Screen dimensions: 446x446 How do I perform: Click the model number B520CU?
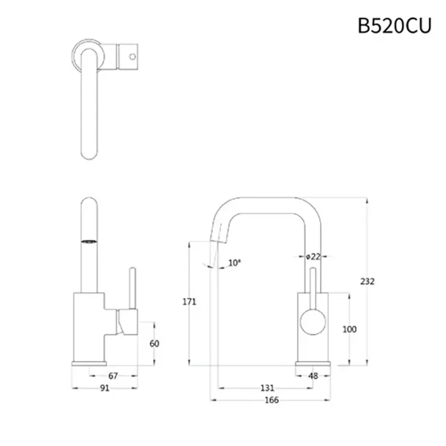(x=394, y=26)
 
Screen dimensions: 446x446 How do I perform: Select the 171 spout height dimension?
(x=189, y=301)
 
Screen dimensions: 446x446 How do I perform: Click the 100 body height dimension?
(x=350, y=329)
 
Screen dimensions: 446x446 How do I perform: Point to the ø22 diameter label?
(x=313, y=256)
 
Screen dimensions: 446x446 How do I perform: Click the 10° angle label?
(x=234, y=263)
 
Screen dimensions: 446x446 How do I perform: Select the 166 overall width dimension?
(x=271, y=400)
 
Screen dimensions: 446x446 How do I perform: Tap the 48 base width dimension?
(x=313, y=376)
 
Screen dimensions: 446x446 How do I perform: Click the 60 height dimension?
(x=154, y=343)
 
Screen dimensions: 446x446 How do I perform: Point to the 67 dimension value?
(x=113, y=376)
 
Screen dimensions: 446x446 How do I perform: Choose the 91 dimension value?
(x=105, y=389)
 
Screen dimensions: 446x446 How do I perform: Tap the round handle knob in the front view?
(x=312, y=322)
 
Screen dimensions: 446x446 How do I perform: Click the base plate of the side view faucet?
(x=89, y=364)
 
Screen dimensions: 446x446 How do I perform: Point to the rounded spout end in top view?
(x=89, y=152)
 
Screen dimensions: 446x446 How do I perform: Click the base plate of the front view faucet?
(x=313, y=364)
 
